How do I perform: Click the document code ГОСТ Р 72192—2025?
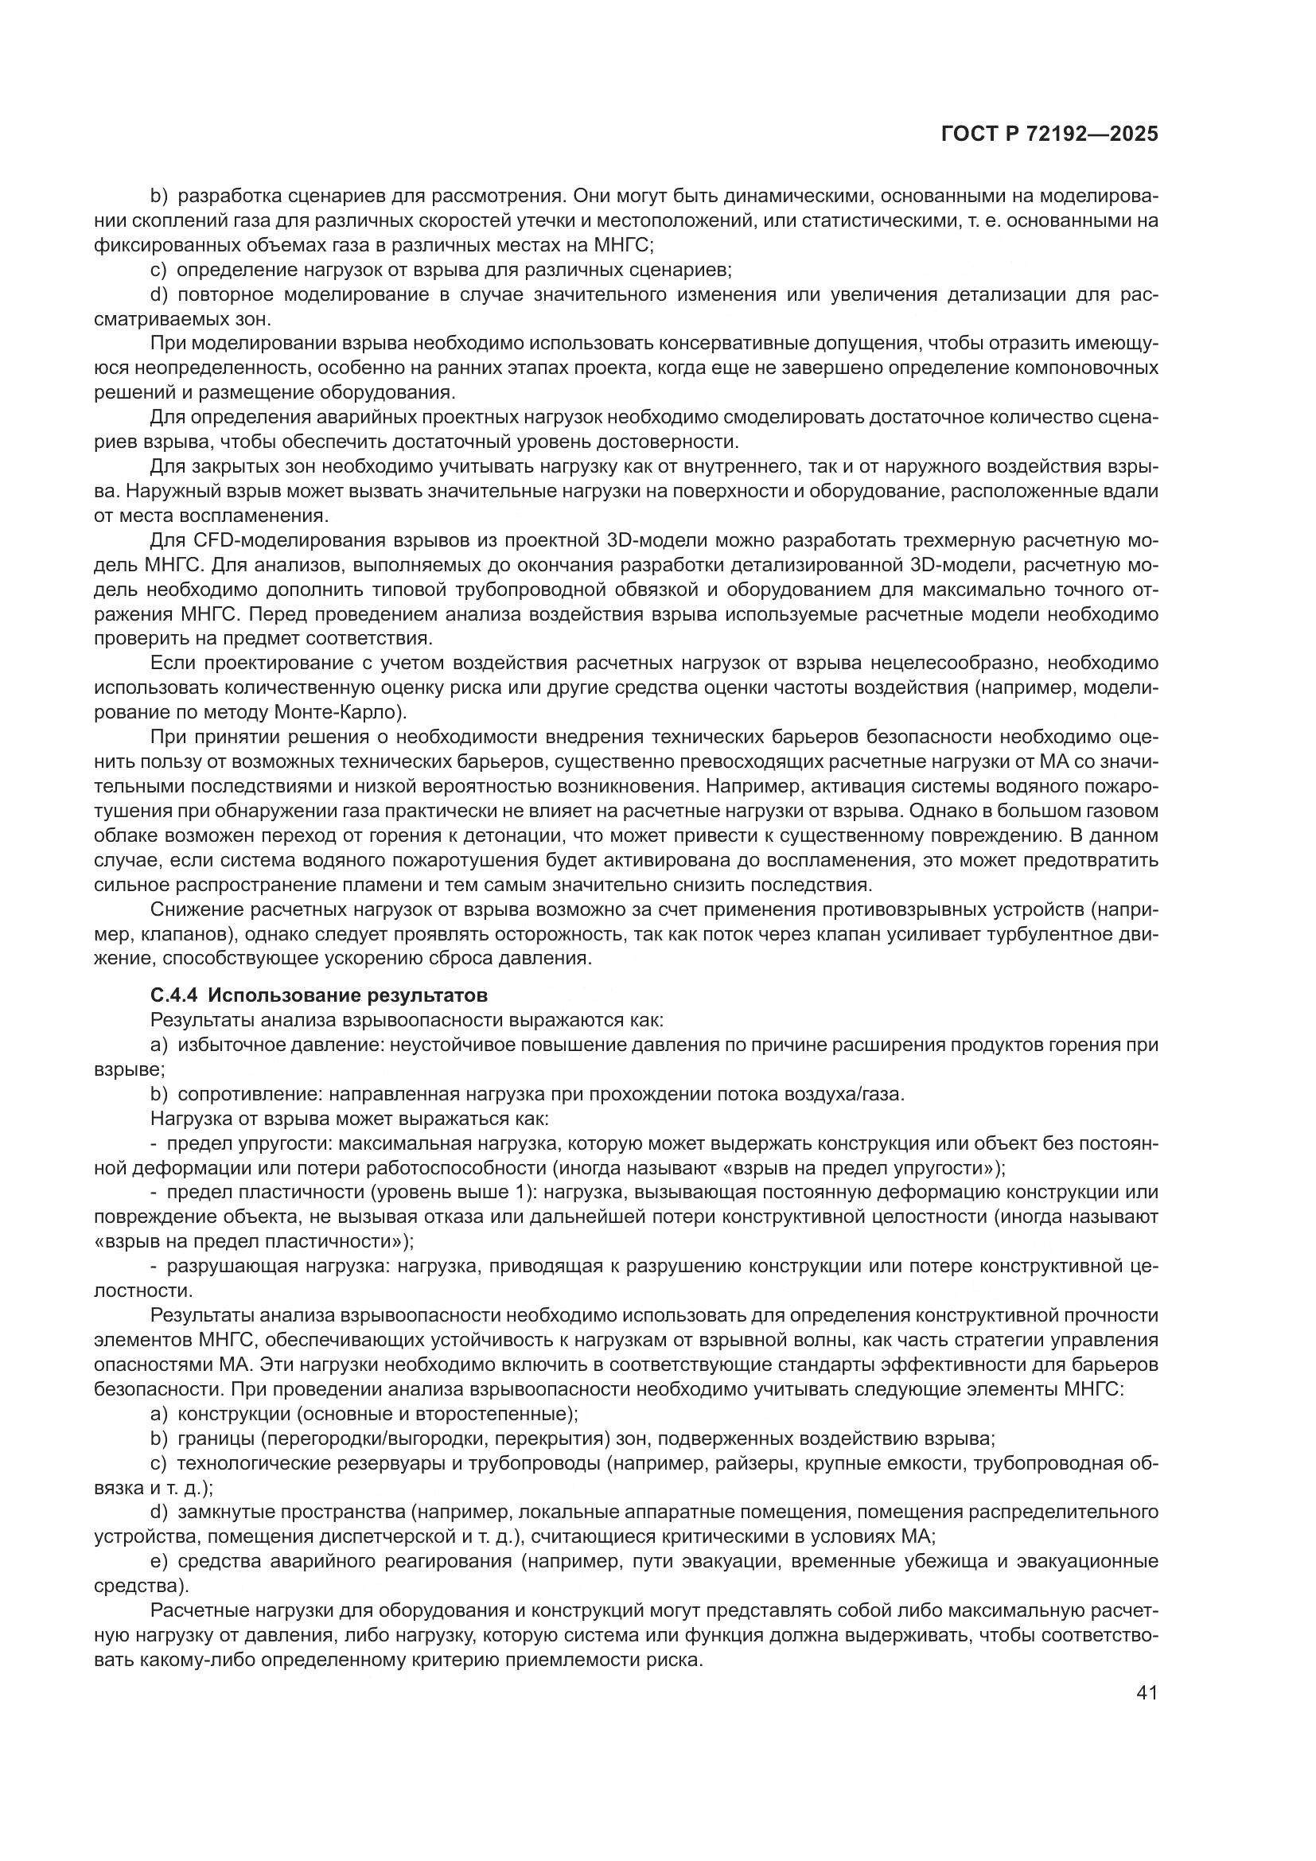point(1049,134)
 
